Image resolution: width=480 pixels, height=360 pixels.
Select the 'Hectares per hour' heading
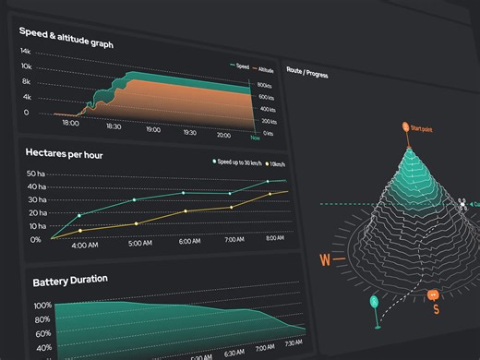65,154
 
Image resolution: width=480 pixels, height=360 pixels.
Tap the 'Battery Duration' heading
70,280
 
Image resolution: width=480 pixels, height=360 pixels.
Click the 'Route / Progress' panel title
307,74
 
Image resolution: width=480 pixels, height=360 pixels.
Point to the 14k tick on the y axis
26,52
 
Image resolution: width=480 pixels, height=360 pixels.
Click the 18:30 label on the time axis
113,126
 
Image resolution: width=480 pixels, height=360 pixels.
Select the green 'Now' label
267,143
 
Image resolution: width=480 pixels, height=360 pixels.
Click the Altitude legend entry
262,68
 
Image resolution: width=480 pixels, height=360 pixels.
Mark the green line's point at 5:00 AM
136,199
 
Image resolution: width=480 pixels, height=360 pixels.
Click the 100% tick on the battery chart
42,306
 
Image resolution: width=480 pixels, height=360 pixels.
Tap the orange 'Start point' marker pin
404,126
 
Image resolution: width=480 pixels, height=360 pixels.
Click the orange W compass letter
325,260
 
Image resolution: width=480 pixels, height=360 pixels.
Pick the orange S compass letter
436,309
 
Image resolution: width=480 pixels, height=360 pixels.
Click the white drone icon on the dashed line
462,203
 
